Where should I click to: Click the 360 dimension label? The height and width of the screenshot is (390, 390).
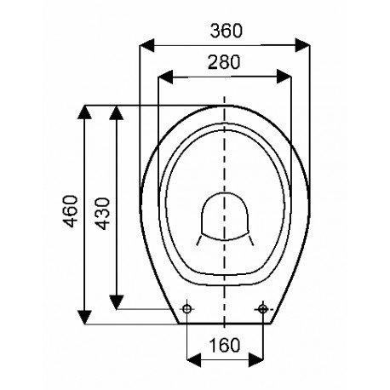pyautogui.click(x=227, y=31)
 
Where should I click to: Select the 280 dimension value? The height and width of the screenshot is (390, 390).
pyautogui.click(x=224, y=62)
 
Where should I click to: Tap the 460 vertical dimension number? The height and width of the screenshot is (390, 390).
pyautogui.click(x=71, y=211)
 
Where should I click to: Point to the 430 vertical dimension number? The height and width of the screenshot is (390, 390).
pyautogui.click(x=102, y=214)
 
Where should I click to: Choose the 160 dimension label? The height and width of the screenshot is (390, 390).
pyautogui.click(x=225, y=345)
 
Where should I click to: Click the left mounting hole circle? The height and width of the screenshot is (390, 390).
pyautogui.click(x=187, y=308)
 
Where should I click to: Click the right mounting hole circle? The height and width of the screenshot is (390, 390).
pyautogui.click(x=263, y=308)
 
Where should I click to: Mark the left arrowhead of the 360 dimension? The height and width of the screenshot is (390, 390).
pyautogui.click(x=147, y=45)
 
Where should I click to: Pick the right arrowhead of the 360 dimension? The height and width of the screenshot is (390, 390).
pyautogui.click(x=302, y=45)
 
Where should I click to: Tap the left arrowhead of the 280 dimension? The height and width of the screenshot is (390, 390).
pyautogui.click(x=165, y=77)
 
